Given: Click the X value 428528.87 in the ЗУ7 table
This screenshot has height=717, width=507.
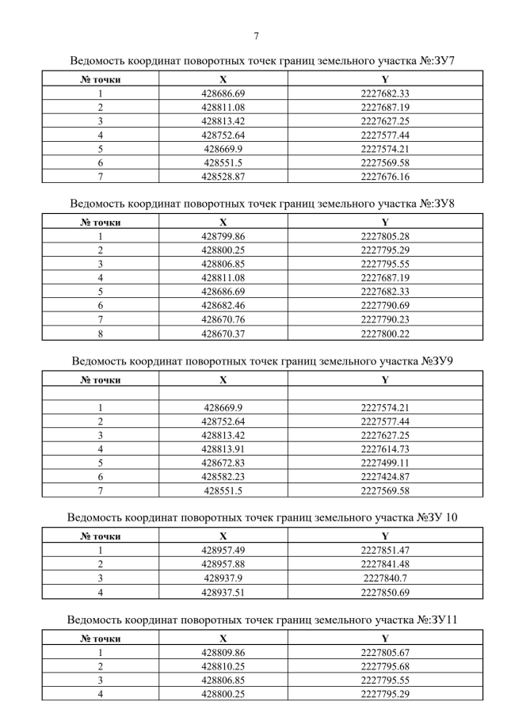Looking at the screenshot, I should click(x=223, y=176).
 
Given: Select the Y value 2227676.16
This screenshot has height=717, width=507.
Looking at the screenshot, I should click(x=384, y=176).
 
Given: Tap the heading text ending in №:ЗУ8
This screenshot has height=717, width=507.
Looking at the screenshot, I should click(x=262, y=204).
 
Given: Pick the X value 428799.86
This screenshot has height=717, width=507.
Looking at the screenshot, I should click(x=223, y=236).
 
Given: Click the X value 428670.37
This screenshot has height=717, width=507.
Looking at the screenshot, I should click(x=223, y=333).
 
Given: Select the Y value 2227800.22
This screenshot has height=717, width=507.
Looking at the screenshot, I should click(x=384, y=333).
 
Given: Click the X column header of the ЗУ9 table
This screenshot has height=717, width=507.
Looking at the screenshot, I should click(x=223, y=379).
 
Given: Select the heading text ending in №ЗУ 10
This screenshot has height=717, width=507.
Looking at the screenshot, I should click(x=262, y=518).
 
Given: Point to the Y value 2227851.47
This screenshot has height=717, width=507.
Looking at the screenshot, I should click(x=384, y=551).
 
